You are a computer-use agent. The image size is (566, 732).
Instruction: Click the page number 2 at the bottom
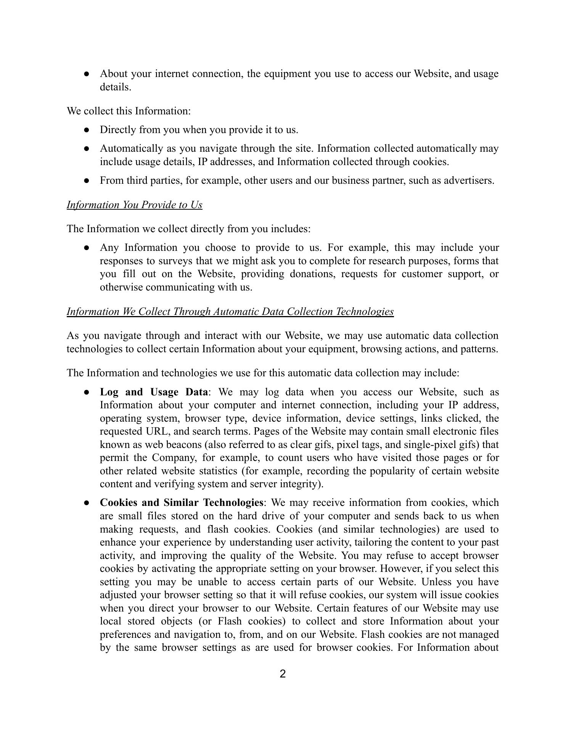click(x=283, y=674)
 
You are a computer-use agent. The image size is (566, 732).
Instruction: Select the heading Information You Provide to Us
click(x=134, y=205)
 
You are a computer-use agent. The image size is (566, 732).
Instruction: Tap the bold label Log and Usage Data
click(x=154, y=392)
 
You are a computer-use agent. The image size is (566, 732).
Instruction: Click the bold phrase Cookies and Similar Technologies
click(x=181, y=502)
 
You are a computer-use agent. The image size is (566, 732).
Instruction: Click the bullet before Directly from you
click(x=87, y=130)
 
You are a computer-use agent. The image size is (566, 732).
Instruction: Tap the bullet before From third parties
click(x=87, y=181)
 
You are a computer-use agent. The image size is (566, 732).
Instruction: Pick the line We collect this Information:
click(x=129, y=111)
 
